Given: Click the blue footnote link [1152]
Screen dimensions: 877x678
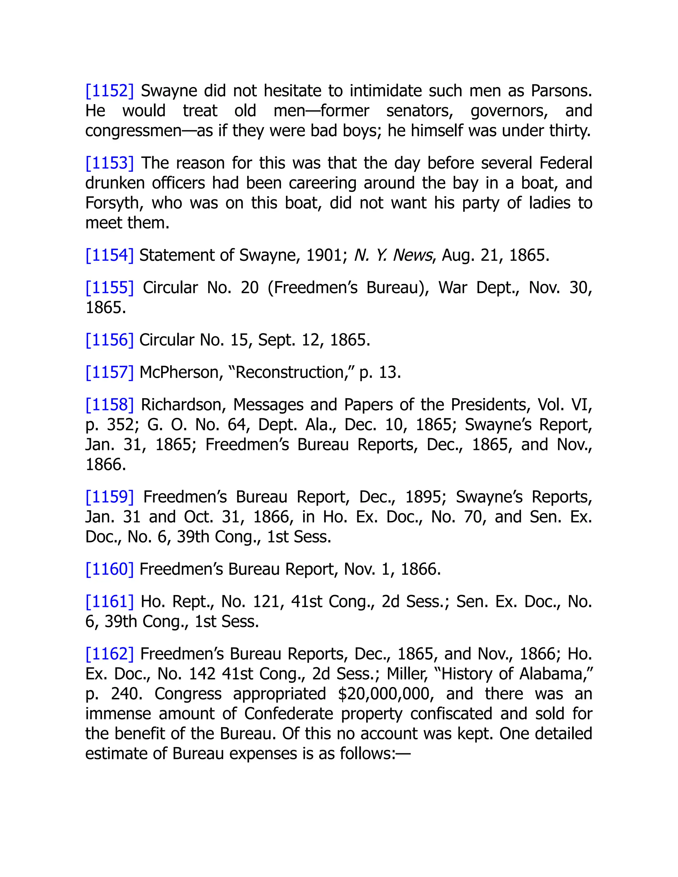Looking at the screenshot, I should pos(109,91).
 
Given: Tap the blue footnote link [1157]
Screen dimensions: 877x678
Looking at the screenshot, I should pos(109,372).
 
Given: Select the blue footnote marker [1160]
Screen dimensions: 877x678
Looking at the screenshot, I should pos(109,569).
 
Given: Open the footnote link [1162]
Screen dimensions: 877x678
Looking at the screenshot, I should pos(109,654).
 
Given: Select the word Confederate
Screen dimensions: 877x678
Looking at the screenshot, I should pos(288,714).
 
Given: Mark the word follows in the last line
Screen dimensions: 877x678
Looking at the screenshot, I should pos(367,753).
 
